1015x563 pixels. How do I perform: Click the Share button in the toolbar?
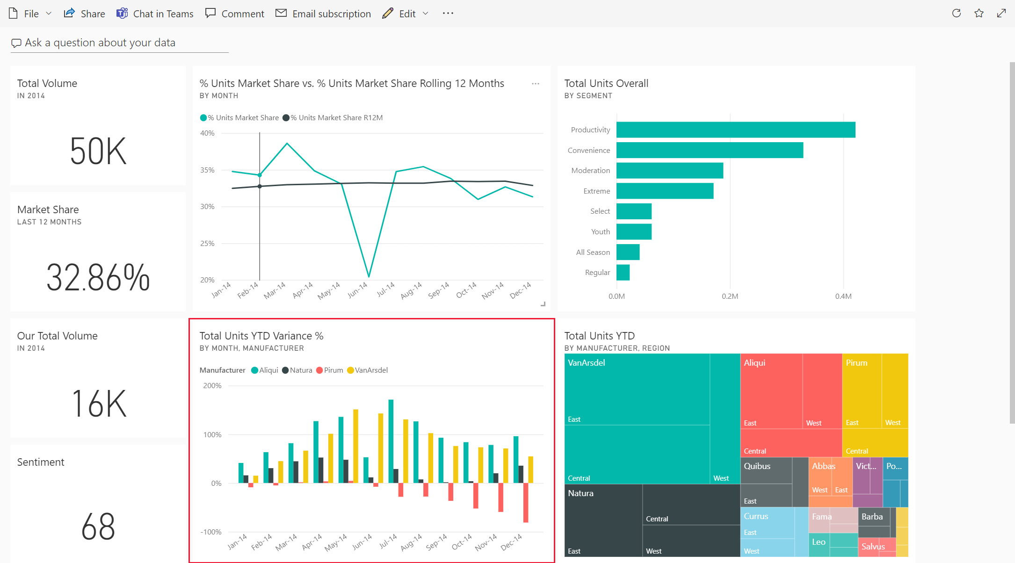85,14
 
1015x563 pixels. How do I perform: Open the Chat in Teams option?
155,14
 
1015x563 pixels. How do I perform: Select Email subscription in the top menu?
323,14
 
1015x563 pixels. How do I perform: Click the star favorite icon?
979,13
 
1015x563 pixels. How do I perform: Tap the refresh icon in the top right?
957,13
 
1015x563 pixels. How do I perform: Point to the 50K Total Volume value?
98,151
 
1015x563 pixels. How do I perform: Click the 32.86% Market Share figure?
98,277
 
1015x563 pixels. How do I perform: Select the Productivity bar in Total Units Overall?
735,130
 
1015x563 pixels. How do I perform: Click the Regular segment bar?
623,272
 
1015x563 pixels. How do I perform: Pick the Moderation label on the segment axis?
590,171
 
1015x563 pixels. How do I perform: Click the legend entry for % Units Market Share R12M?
336,118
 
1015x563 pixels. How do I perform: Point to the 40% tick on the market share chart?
207,133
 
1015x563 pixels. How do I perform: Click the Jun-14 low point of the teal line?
369,276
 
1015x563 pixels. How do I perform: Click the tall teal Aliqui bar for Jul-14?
391,440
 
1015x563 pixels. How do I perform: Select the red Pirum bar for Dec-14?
526,502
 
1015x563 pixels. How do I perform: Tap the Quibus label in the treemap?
757,466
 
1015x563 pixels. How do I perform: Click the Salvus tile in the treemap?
872,547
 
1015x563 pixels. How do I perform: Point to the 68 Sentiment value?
98,526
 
